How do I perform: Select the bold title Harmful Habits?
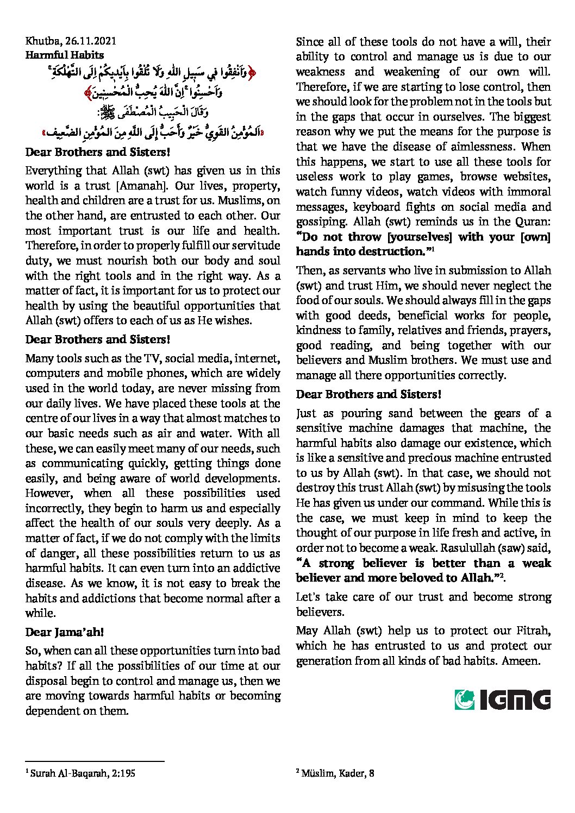(x=64, y=55)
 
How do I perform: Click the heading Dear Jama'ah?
(x=64, y=632)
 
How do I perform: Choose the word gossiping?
(x=321, y=222)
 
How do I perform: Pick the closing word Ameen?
(x=521, y=661)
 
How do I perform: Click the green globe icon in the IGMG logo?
(x=465, y=699)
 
